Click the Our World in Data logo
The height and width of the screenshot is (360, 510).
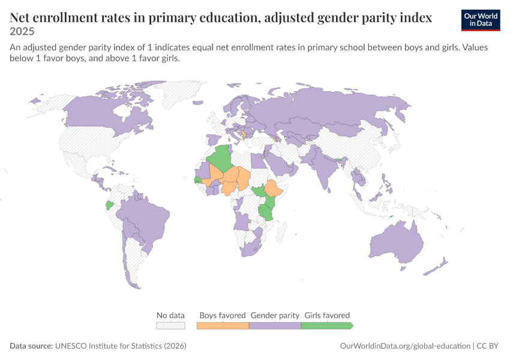pyautogui.click(x=481, y=20)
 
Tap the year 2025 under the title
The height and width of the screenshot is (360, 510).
pyautogui.click(x=22, y=32)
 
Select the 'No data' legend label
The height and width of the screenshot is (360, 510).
pyautogui.click(x=170, y=315)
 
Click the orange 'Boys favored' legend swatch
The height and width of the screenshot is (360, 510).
pyautogui.click(x=223, y=326)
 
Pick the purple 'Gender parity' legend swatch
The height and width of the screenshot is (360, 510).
pyautogui.click(x=275, y=326)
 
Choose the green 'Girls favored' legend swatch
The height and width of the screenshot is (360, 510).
pyautogui.click(x=327, y=326)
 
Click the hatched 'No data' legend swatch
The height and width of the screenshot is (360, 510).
pyautogui.click(x=171, y=326)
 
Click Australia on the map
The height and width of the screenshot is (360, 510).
pyautogui.click(x=397, y=242)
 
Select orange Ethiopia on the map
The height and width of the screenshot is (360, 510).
pyautogui.click(x=275, y=188)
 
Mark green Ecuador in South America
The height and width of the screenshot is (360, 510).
pyautogui.click(x=110, y=205)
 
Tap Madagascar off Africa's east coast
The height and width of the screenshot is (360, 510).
pyautogui.click(x=281, y=230)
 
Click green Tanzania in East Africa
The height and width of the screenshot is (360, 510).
pyautogui.click(x=266, y=212)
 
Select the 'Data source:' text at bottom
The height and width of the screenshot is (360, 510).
pyautogui.click(x=31, y=346)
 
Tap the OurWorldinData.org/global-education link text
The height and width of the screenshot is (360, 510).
pyautogui.click(x=405, y=346)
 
